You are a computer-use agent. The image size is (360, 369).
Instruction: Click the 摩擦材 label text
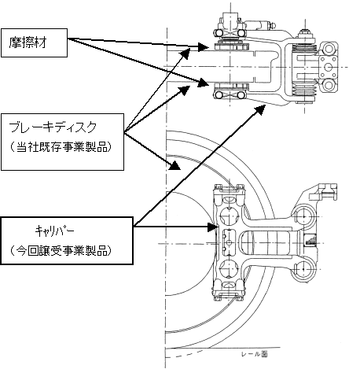pyautogui.click(x=28, y=42)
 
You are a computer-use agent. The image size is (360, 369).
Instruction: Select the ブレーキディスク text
pyautogui.click(x=53, y=127)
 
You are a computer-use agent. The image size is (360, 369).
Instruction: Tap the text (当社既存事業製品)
pyautogui.click(x=60, y=147)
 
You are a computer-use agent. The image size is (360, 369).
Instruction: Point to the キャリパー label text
pyautogui.click(x=55, y=231)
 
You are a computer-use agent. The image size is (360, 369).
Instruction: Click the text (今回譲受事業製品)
pyautogui.click(x=60, y=250)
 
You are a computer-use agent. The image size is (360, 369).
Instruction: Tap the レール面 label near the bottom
pyautogui.click(x=255, y=354)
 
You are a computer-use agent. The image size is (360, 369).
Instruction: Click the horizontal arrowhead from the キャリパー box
pyautogui.click(x=213, y=227)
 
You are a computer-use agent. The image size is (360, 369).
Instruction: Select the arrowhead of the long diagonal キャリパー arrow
pyautogui.click(x=260, y=109)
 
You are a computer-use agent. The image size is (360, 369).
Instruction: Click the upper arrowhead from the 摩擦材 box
pyautogui.click(x=204, y=47)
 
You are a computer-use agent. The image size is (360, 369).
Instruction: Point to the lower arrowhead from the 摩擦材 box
pyautogui.click(x=204, y=83)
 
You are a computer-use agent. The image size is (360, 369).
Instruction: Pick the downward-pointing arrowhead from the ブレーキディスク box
pyautogui.click(x=175, y=166)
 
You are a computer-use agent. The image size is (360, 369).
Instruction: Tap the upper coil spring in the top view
pyautogui.click(x=304, y=49)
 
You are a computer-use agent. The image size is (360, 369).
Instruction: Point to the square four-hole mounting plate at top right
pyautogui.click(x=328, y=67)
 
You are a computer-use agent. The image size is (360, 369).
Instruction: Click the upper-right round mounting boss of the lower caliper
pyautogui.click(x=303, y=216)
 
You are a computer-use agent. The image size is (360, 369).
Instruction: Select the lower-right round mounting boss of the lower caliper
pyautogui.click(x=303, y=269)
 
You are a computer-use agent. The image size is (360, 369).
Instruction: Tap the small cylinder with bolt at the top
pyautogui.click(x=261, y=26)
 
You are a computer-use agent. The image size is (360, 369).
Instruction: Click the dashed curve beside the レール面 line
pyautogui.click(x=185, y=354)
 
